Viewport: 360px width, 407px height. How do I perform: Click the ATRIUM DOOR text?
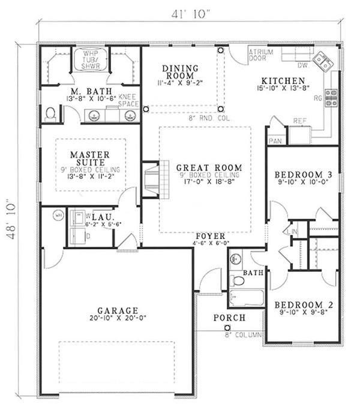261,55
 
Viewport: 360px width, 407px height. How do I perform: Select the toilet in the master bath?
52,113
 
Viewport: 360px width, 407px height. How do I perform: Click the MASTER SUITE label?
89,158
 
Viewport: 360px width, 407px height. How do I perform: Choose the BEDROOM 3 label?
303,175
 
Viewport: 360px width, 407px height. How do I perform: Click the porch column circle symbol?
227,327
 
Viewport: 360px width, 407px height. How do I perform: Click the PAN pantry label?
275,140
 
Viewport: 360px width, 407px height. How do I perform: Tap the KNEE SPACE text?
128,100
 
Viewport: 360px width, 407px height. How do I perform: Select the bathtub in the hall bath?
247,298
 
